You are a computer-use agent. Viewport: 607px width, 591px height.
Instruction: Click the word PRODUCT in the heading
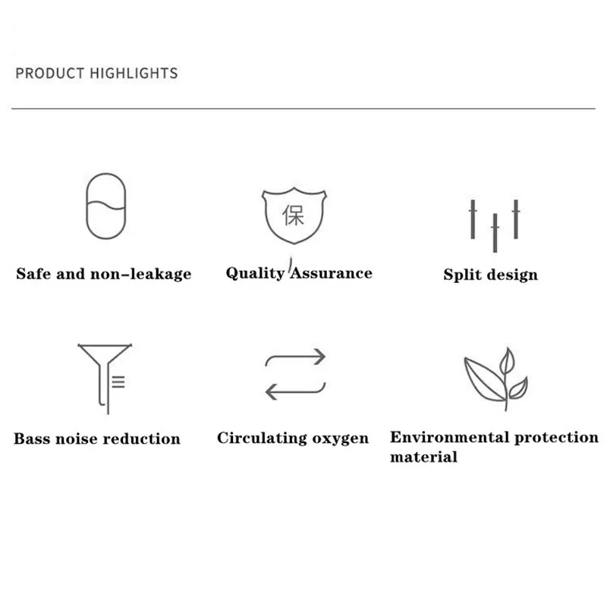(50, 73)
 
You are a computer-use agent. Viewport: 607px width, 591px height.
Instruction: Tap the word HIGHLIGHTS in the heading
(134, 73)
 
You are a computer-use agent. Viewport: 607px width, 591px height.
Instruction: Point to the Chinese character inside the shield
(293, 215)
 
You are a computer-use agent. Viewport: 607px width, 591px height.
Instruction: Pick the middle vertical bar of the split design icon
(495, 233)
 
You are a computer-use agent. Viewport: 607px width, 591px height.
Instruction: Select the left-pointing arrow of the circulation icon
(295, 391)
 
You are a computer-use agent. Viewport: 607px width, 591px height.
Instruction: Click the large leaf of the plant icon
(484, 380)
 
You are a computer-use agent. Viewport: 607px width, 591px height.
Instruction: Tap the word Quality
(255, 273)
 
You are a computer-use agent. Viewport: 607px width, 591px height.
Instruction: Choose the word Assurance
(332, 273)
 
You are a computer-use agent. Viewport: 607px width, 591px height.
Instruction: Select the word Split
(463, 275)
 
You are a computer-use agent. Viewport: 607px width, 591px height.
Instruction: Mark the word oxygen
(340, 438)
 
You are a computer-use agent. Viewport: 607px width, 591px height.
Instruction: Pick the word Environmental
(449, 437)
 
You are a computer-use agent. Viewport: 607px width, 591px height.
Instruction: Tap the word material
(423, 457)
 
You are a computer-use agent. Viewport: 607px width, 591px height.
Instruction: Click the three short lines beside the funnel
(118, 382)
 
